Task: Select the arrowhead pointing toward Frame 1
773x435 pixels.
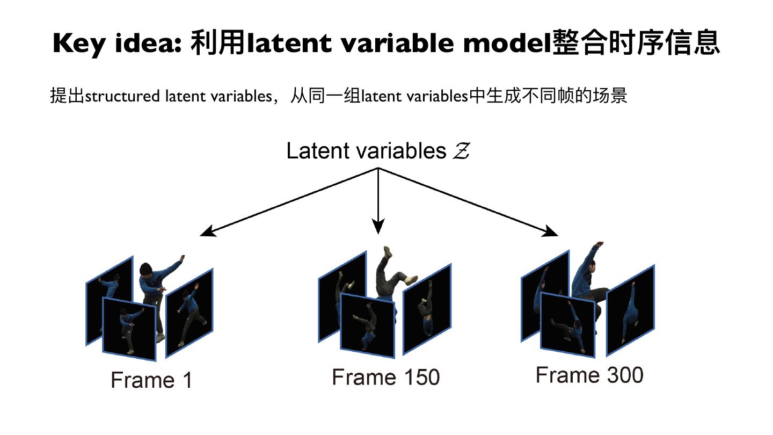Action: tap(206, 233)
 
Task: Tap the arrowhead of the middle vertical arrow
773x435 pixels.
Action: tap(379, 228)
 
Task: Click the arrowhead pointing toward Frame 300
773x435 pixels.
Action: tap(552, 233)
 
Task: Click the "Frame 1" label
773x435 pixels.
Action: tap(151, 380)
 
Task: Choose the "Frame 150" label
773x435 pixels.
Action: tap(385, 377)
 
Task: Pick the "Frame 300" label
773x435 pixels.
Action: tap(589, 374)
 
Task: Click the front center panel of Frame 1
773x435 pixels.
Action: tap(129, 329)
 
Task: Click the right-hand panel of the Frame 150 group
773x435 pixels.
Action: tap(427, 309)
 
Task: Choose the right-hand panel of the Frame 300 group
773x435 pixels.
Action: tap(630, 310)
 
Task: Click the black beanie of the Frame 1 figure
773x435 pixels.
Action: tap(147, 268)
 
